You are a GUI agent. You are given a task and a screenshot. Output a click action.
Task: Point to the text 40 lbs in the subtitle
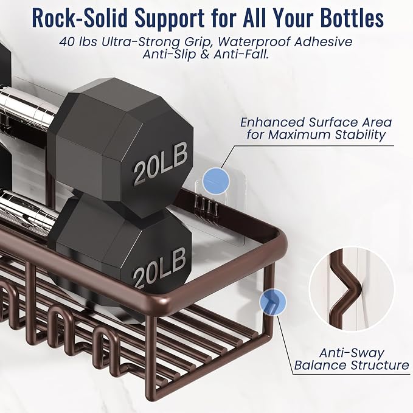point(78,42)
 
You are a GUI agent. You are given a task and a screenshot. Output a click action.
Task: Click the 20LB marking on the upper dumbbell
point(161,164)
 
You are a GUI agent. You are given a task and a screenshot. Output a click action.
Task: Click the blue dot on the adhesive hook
point(216,181)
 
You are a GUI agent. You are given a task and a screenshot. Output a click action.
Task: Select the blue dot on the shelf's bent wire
point(272,302)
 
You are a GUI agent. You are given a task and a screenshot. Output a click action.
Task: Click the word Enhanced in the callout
point(272,122)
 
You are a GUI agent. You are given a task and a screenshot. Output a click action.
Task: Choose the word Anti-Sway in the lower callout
point(352,353)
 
